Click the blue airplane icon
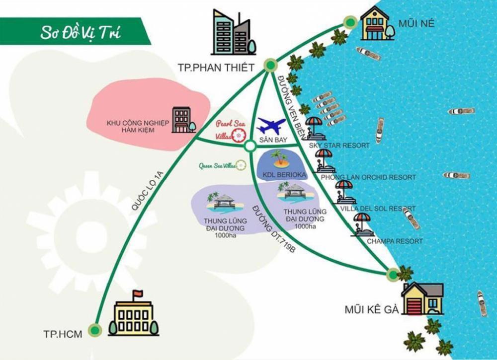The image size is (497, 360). tap(271, 126)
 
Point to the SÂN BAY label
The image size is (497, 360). tap(270, 141)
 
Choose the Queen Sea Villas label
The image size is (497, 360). tap(217, 166)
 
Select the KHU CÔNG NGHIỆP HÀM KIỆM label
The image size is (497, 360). tap(138, 126)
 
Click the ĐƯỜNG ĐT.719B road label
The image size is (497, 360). tap(273, 228)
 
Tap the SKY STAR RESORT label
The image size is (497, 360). tap(339, 145)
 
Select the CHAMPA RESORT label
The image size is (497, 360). tap(395, 241)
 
